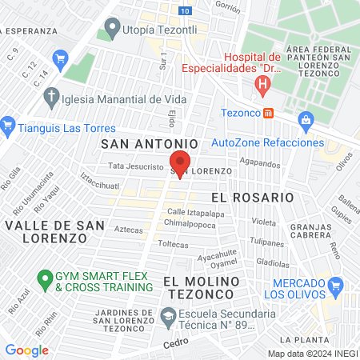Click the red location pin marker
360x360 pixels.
179,162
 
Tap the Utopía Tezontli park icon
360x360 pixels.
110,31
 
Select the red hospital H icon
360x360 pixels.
262,83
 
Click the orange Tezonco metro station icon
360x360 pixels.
269,113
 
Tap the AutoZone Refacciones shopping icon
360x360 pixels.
305,120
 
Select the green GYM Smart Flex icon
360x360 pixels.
45,280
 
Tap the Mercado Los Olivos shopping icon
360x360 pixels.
337,285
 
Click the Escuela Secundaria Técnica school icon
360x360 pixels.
168,319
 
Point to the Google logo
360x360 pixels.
26,350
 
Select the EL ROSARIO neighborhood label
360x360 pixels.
252,197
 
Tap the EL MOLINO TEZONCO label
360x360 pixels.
202,288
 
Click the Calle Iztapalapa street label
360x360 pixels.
195,213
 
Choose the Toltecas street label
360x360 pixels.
172,243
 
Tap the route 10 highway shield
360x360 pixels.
186,10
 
